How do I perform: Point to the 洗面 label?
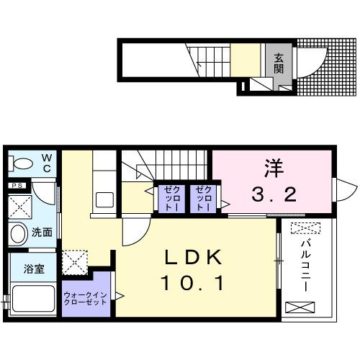tap(42, 233)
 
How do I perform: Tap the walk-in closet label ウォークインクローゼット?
tap(86, 297)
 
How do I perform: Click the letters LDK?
tap(190, 258)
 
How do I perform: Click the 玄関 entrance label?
tap(278, 65)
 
